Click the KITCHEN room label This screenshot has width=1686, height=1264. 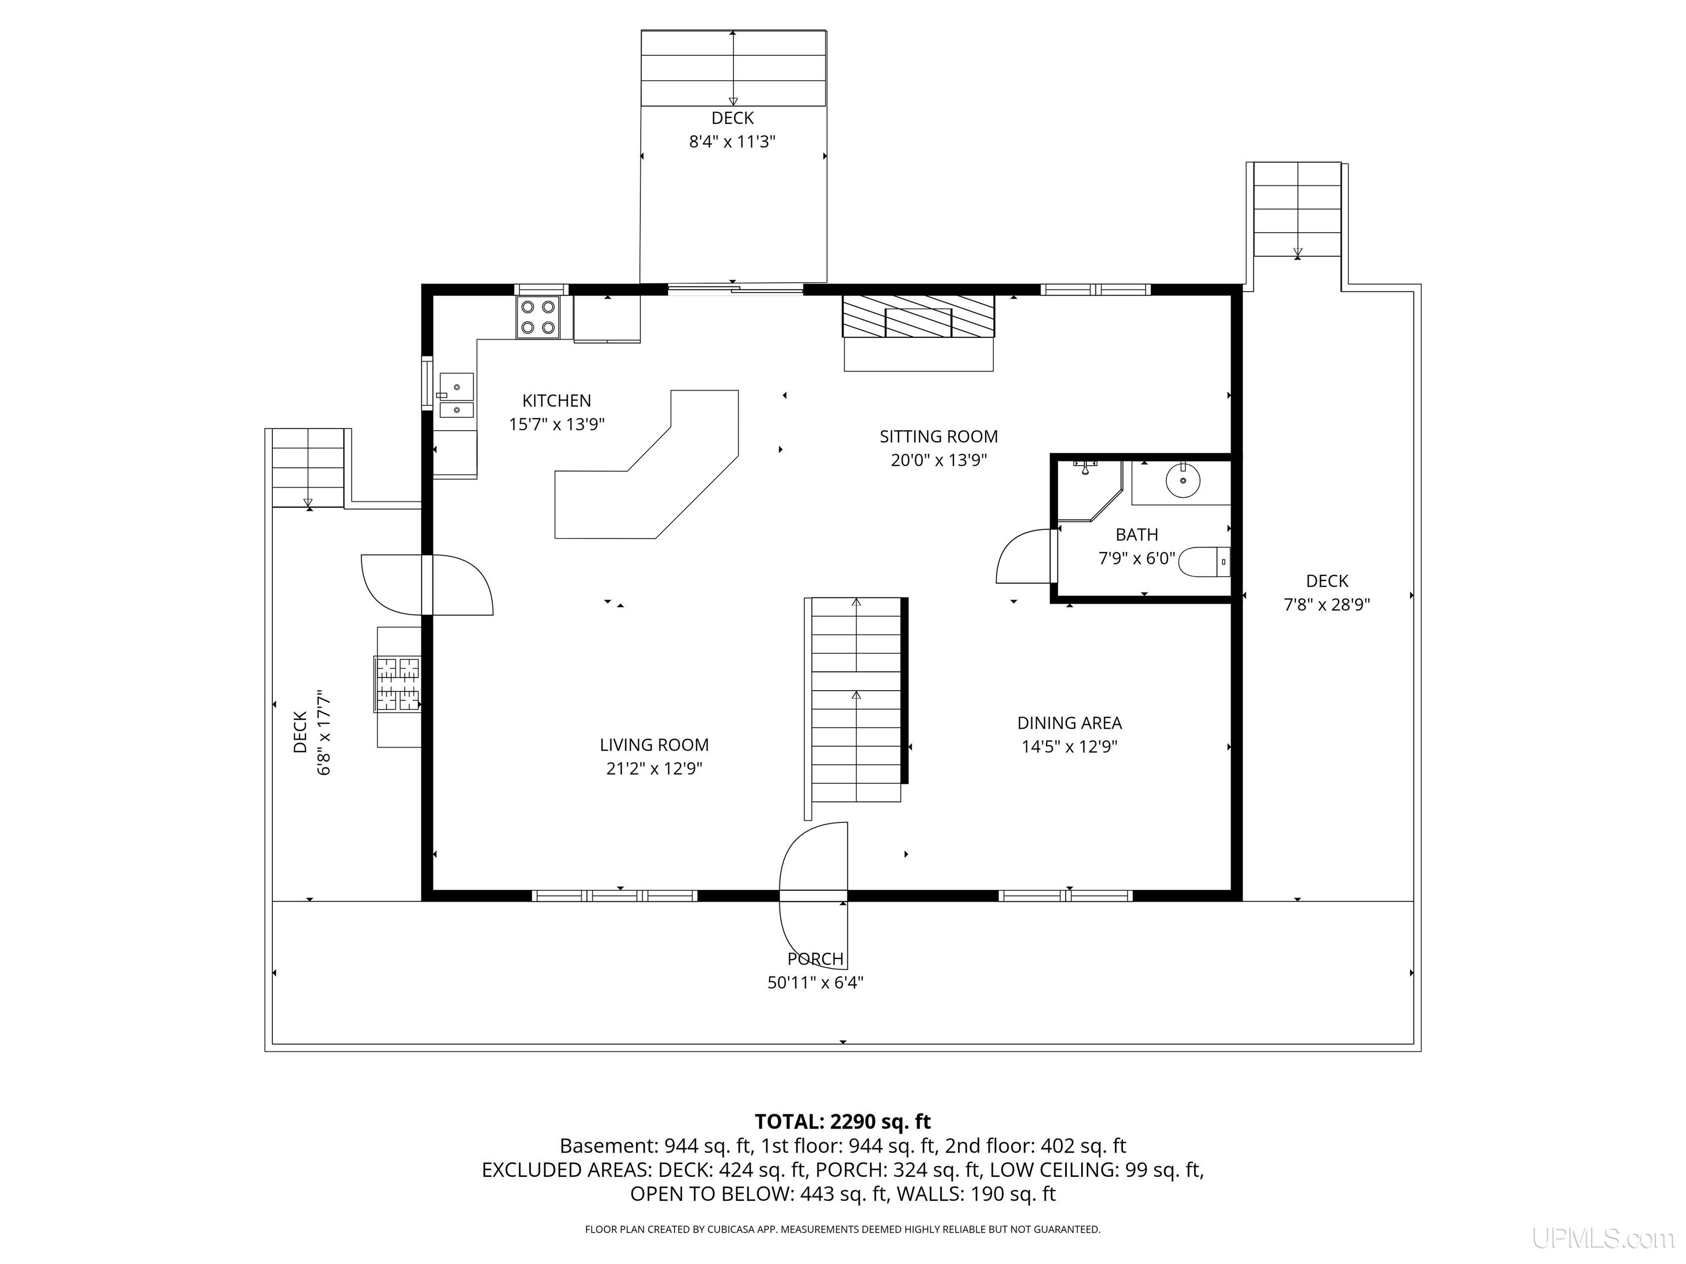point(557,401)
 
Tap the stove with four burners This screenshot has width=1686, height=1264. point(537,317)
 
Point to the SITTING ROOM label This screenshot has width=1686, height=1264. point(938,437)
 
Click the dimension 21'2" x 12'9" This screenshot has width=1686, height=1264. point(654,769)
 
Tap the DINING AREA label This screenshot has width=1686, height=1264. point(1069,723)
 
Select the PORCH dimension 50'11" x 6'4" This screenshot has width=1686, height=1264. point(815,983)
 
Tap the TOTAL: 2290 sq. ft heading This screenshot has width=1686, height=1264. point(842,1121)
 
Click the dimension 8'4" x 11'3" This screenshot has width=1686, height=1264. point(733,142)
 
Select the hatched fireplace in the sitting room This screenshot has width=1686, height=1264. point(918,316)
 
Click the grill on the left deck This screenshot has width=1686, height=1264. point(397,684)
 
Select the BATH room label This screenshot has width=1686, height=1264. point(1137,535)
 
